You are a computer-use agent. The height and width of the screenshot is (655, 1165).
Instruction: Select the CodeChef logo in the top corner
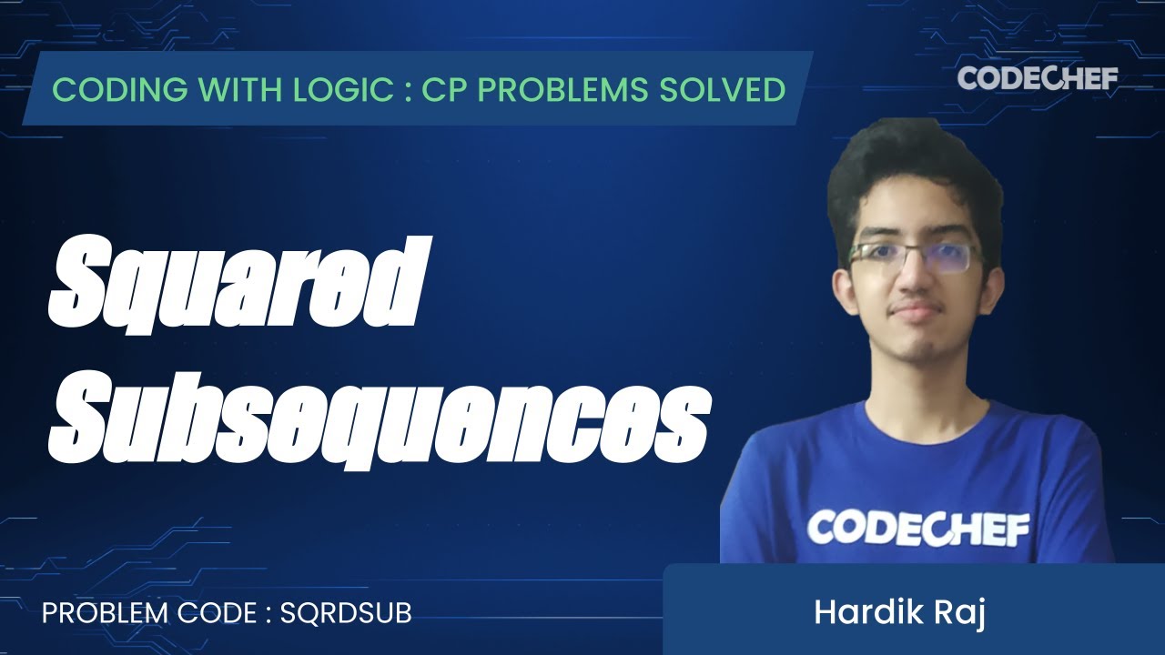[x=1038, y=79]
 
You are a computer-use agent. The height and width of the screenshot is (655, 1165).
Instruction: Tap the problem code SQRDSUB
[x=346, y=613]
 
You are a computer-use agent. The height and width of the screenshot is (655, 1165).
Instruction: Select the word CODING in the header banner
[x=108, y=89]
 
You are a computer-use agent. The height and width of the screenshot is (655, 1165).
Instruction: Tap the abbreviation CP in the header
[x=442, y=89]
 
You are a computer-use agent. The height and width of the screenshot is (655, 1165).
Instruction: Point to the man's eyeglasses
[x=915, y=256]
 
